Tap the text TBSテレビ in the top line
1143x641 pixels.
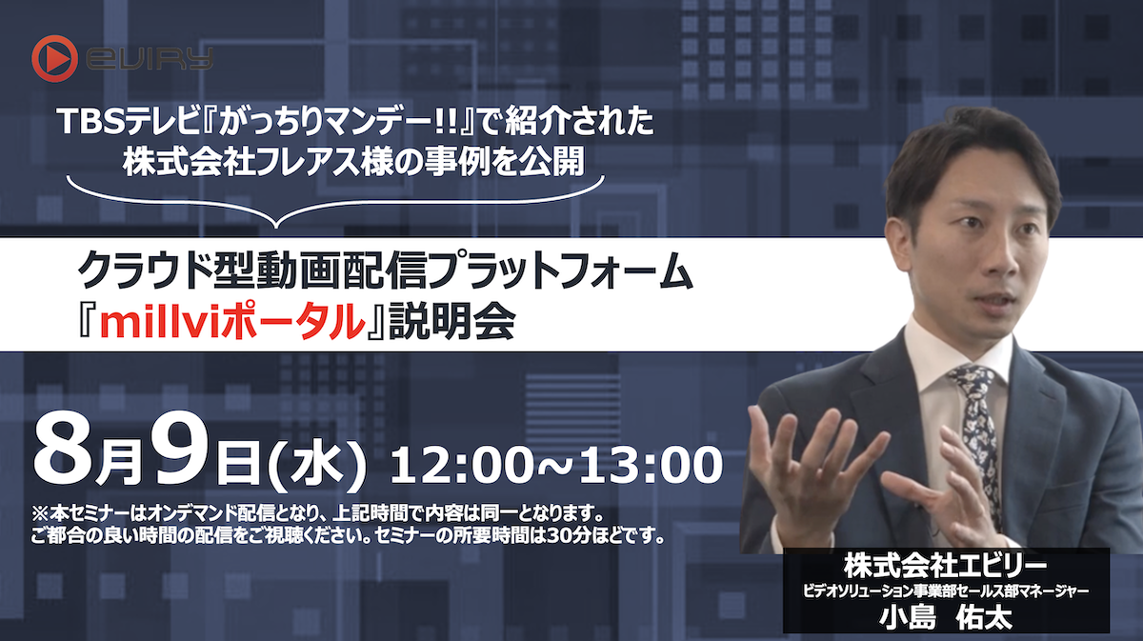[x=111, y=124]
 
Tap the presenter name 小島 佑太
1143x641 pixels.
[x=946, y=616]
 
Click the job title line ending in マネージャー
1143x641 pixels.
[x=946, y=591]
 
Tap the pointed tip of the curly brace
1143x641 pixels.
[x=276, y=225]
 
